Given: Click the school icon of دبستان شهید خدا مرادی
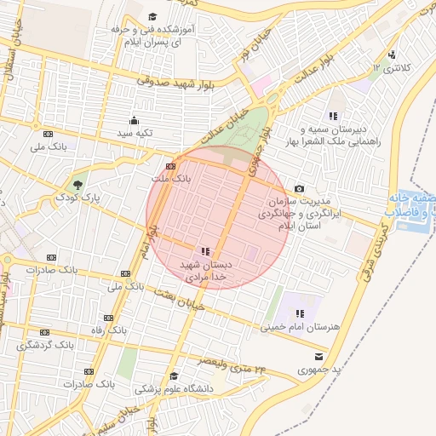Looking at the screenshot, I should [x=204, y=251].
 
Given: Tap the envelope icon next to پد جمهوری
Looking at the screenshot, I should [x=318, y=356].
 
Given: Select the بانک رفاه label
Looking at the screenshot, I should [x=110, y=328].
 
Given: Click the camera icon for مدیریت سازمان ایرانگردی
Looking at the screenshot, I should [x=299, y=188].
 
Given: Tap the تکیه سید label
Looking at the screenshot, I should [x=134, y=133].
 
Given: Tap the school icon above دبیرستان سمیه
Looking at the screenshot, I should [x=332, y=115].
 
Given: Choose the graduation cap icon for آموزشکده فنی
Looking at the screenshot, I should [x=152, y=16].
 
